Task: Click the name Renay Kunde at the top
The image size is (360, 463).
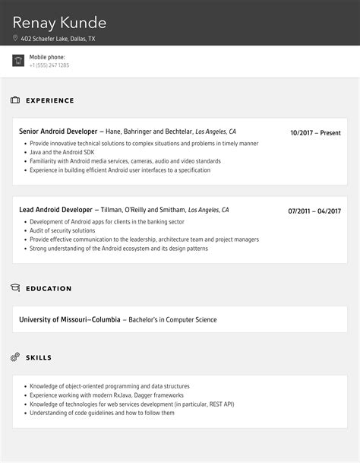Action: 59,22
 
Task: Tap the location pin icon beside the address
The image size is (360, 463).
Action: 15,38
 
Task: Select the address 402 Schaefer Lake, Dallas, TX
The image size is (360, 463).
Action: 58,38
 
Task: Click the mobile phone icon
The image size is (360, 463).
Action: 18,61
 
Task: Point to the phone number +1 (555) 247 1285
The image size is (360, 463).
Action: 49,65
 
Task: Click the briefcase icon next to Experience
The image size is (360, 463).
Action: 15,100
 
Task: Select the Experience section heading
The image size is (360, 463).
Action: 50,100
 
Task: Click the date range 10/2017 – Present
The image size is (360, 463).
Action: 315,132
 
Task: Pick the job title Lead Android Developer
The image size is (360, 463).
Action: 55,210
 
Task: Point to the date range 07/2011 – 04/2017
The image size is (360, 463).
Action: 314,211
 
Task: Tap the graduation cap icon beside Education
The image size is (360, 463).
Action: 15,288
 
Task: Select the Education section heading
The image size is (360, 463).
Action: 49,289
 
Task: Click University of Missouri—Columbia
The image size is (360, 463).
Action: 70,320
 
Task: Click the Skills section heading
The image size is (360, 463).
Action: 39,357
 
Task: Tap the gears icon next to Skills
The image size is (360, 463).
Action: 15,357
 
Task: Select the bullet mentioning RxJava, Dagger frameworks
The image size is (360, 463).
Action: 106,395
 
